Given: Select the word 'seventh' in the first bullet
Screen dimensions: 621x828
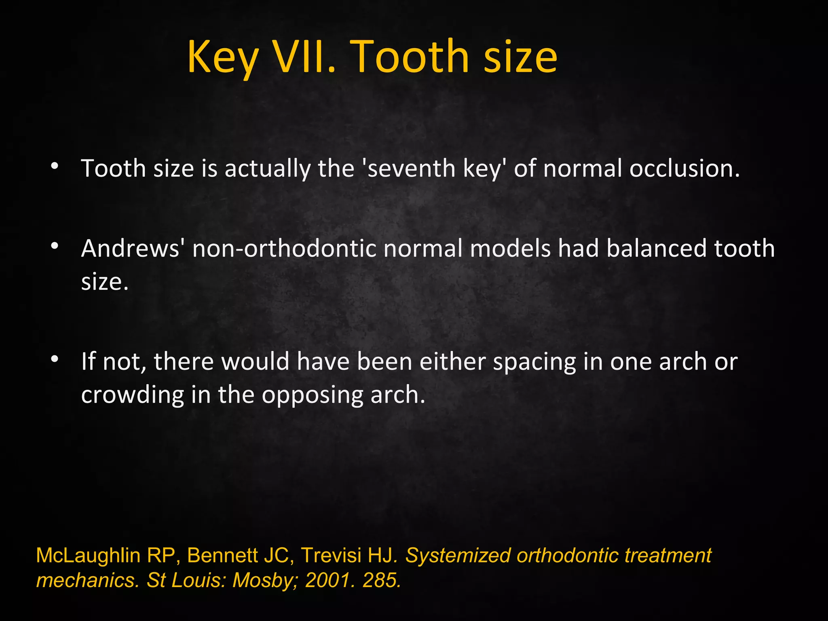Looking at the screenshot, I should pyautogui.click(x=410, y=168).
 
